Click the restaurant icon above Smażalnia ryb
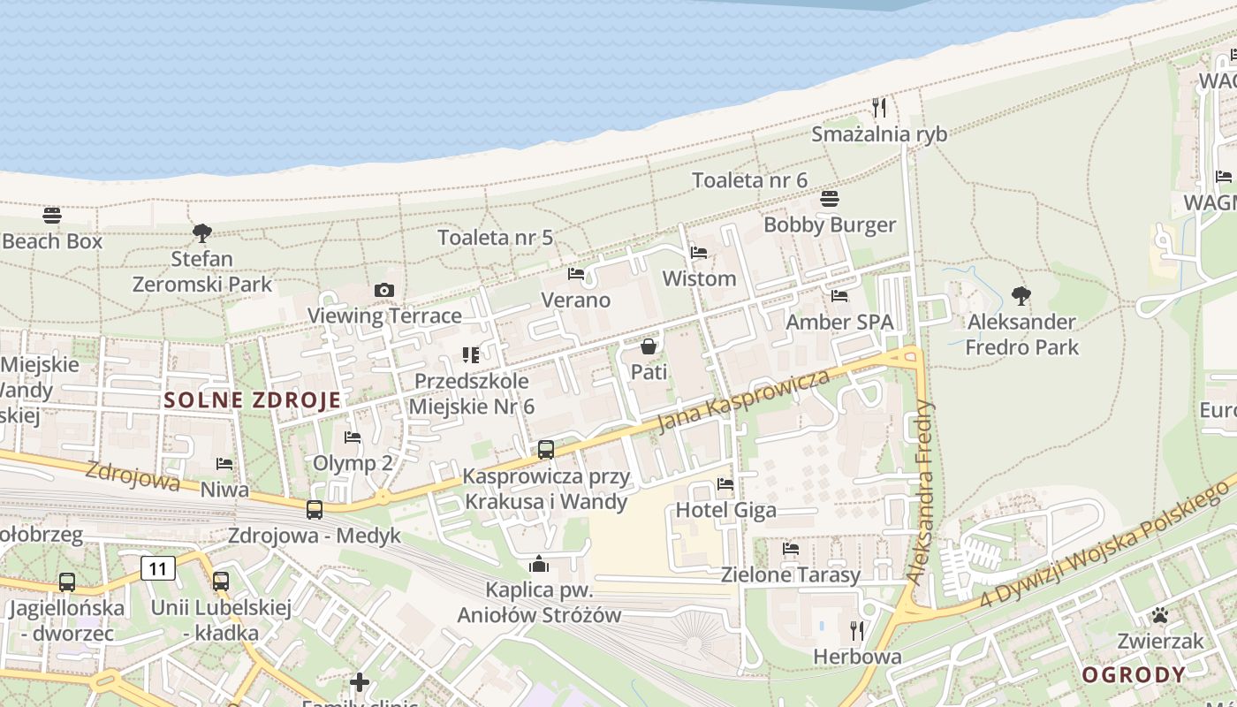(878, 108)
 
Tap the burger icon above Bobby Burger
(829, 199)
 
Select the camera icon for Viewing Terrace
(383, 290)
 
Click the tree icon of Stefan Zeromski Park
(202, 233)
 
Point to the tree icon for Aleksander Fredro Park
(1021, 295)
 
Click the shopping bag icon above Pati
(649, 346)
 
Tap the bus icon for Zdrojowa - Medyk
(315, 510)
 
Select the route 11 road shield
(158, 568)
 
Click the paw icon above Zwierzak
(1159, 615)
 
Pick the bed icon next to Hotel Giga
(725, 484)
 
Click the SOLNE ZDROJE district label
(253, 399)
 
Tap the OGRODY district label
(1134, 675)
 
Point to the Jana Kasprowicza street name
(745, 402)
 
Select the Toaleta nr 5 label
(496, 237)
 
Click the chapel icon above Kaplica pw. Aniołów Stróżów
(539, 564)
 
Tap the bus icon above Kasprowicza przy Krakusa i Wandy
(546, 450)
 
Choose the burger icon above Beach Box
(52, 215)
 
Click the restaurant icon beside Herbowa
(856, 630)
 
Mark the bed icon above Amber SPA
(839, 296)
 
